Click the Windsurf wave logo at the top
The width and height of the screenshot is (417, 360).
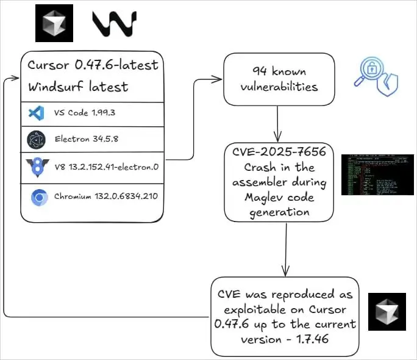tap(114, 23)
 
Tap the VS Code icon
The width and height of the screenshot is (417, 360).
tap(35, 113)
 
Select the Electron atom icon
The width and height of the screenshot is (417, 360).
tap(36, 140)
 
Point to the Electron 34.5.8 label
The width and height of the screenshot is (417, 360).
tap(86, 139)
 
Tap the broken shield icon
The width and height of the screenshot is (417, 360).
tap(388, 86)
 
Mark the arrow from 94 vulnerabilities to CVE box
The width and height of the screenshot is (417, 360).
tap(278, 121)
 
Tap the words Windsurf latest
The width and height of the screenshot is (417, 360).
tap(78, 87)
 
